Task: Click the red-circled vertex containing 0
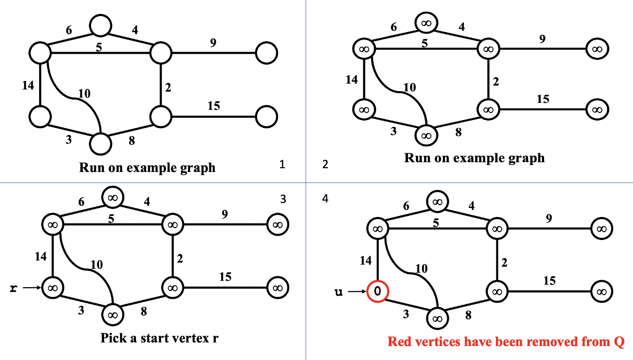point(378,292)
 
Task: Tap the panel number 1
point(282,164)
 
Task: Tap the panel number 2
point(325,164)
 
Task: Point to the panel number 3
point(283,199)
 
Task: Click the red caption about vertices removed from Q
point(506,341)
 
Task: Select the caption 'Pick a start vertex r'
point(160,338)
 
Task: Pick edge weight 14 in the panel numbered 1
point(28,85)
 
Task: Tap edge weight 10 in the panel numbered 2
point(409,87)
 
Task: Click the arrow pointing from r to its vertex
point(32,288)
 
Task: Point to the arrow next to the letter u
point(356,292)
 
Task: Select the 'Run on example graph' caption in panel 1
point(147,167)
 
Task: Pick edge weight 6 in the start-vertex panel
point(81,202)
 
